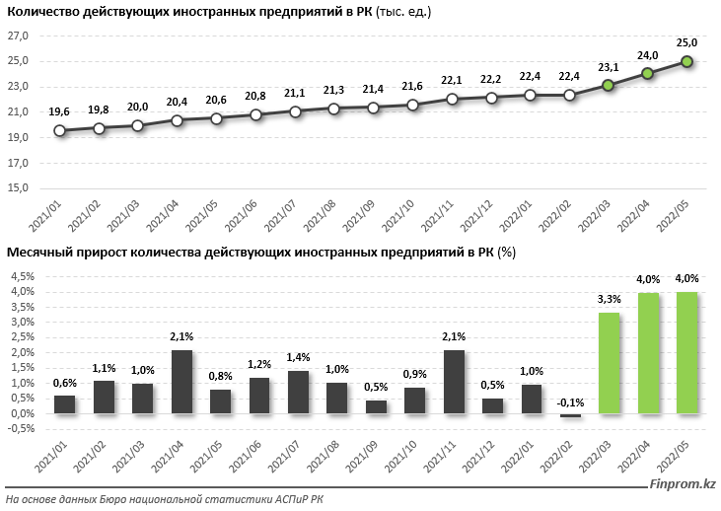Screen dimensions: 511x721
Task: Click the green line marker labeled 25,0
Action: (x=687, y=61)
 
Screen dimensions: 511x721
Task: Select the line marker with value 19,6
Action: (x=60, y=130)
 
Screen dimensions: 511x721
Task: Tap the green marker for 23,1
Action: (x=609, y=86)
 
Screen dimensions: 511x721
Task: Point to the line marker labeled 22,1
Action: (x=452, y=99)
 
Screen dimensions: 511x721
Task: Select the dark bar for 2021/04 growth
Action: (x=181, y=382)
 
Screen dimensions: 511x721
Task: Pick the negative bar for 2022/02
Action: (x=569, y=415)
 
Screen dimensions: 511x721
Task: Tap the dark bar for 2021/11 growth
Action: (x=453, y=382)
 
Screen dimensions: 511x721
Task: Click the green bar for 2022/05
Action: (x=686, y=352)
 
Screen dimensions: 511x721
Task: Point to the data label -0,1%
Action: (x=569, y=401)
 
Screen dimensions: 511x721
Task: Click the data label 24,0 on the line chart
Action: (x=648, y=55)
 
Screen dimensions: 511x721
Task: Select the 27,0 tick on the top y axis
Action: (x=20, y=36)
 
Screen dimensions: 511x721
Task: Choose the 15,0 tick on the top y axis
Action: (x=20, y=187)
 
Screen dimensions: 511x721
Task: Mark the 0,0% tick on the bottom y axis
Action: (x=22, y=413)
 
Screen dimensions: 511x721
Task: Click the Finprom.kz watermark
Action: (x=682, y=483)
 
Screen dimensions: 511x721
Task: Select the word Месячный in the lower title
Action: (x=38, y=254)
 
